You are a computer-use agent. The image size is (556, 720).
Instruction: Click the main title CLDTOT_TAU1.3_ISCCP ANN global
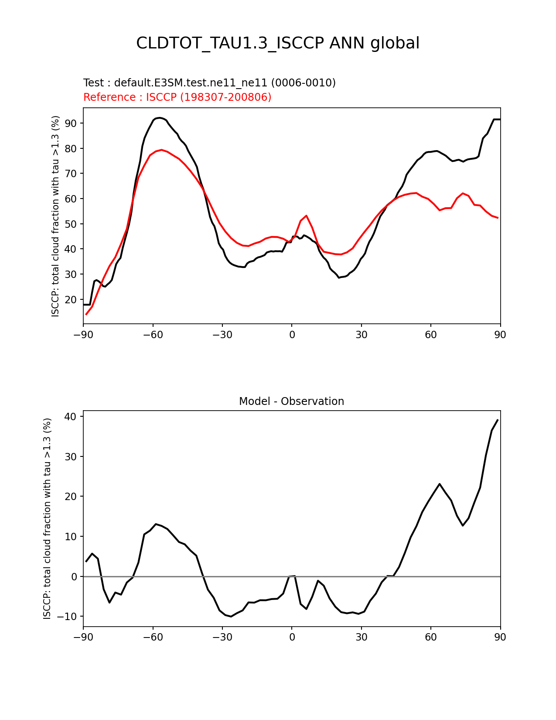(278, 43)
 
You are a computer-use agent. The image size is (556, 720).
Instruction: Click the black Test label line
(209, 83)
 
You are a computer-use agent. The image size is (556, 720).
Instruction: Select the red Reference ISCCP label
(177, 97)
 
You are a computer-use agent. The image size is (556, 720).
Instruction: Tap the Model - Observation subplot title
(291, 401)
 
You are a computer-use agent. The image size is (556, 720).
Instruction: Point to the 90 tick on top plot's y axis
(71, 123)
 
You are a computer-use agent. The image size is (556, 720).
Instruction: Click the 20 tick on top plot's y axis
(71, 300)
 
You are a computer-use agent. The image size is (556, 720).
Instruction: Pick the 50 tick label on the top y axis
(71, 224)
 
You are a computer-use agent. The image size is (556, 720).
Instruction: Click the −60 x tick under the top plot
(153, 335)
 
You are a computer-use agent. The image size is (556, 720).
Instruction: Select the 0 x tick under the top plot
(292, 335)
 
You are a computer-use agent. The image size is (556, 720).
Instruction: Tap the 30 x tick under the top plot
(361, 335)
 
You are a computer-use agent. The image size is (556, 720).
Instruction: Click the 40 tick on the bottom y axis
(71, 417)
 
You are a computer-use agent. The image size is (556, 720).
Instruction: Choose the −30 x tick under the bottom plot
(222, 638)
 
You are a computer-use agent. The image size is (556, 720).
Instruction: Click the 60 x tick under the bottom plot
(431, 638)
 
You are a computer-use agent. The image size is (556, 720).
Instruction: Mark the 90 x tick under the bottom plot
(500, 638)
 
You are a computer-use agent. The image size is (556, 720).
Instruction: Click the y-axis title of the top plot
(55, 216)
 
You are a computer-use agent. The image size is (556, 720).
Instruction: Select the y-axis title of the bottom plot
(47, 518)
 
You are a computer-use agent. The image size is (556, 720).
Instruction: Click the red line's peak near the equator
(307, 216)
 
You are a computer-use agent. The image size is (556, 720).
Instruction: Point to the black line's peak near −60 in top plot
(160, 118)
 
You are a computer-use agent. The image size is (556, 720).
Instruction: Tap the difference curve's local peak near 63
(440, 484)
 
